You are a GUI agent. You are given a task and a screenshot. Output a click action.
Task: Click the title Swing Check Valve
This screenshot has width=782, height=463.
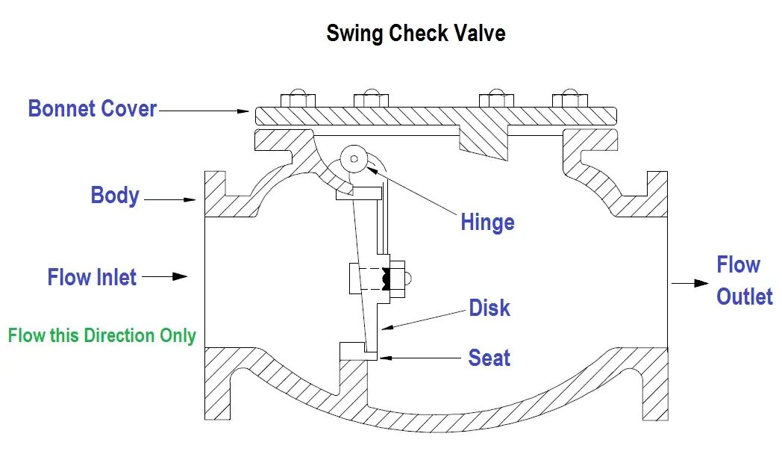416,34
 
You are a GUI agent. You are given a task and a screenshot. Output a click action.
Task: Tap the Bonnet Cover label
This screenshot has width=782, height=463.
93,109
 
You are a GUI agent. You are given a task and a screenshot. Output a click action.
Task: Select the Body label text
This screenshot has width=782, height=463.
115,196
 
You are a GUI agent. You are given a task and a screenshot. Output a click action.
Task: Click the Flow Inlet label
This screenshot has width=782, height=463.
92,278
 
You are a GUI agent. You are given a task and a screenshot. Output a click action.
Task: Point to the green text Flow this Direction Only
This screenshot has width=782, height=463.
101,335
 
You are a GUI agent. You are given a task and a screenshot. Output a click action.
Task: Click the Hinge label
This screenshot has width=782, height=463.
487,223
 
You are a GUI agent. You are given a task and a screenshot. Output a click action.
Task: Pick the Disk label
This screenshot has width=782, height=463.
489,308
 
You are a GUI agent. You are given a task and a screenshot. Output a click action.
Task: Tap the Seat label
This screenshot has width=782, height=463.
489,358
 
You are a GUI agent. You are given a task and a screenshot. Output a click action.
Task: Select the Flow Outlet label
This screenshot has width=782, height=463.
744,281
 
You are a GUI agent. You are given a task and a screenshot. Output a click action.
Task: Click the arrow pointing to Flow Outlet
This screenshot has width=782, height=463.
689,283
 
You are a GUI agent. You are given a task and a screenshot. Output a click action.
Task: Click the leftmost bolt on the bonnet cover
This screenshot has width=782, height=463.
296,99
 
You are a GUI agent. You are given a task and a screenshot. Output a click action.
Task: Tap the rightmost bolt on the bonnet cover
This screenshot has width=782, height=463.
569,99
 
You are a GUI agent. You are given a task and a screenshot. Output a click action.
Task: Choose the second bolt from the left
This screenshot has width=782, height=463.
371,99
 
